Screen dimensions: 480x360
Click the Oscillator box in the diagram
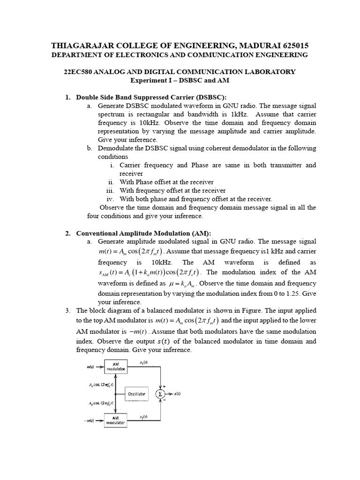click(x=136, y=394)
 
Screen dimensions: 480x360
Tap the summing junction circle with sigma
click(x=161, y=394)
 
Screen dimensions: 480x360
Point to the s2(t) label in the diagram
click(x=144, y=416)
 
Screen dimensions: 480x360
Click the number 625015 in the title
click(x=292, y=45)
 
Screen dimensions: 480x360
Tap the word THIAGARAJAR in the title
click(x=79, y=45)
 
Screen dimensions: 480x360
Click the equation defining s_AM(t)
click(x=150, y=273)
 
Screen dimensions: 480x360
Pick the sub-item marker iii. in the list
click(x=111, y=191)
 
